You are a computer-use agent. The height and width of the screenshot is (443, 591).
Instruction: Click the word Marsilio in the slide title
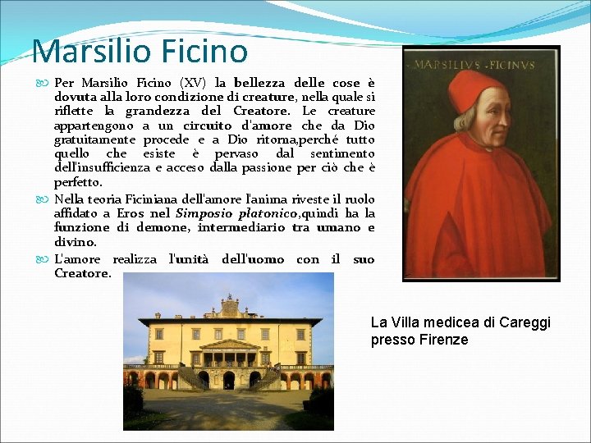(85, 51)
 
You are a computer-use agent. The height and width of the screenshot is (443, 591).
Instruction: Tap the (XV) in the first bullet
(194, 83)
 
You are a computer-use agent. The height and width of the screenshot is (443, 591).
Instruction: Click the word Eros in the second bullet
(130, 213)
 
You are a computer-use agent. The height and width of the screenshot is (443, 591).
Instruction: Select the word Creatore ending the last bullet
(81, 273)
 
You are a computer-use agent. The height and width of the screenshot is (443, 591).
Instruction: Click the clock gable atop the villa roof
(230, 308)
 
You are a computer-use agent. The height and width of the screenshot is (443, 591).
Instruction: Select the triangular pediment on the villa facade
(229, 345)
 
